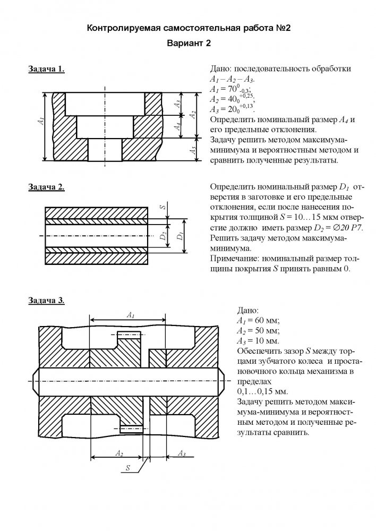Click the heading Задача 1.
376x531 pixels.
(47, 69)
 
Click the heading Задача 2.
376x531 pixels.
(47, 187)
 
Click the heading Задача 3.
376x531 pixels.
(47, 301)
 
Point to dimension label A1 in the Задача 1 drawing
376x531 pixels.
(41, 122)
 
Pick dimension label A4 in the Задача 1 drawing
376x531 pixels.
(178, 126)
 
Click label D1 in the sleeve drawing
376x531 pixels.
(180, 234)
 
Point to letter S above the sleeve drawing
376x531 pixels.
(163, 206)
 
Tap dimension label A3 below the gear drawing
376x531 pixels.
(181, 453)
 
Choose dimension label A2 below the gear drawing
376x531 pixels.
(119, 453)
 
